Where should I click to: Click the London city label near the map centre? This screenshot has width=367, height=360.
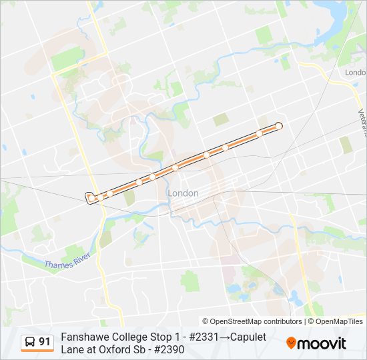pyautogui.click(x=183, y=193)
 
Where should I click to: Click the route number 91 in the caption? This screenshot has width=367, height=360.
pyautogui.click(x=45, y=342)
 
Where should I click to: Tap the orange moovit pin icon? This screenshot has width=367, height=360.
pyautogui.click(x=292, y=343)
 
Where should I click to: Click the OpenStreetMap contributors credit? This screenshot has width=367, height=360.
pyautogui.click(x=252, y=321)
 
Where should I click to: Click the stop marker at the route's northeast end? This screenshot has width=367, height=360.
pyautogui.click(x=279, y=126)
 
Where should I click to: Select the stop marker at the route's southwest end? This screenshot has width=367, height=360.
pyautogui.click(x=89, y=197)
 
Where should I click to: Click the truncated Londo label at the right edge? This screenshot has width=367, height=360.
pyautogui.click(x=356, y=72)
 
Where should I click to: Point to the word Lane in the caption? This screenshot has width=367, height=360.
pyautogui.click(x=72, y=349)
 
